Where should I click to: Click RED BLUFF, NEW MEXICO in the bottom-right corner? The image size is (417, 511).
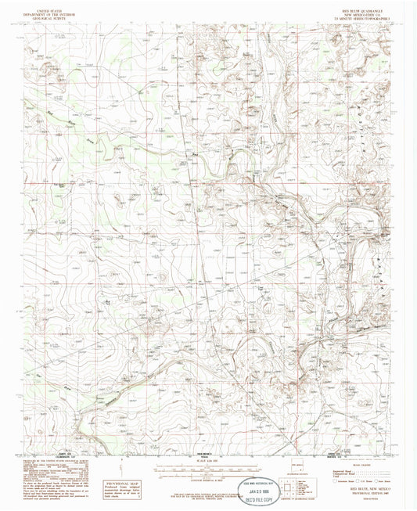364,494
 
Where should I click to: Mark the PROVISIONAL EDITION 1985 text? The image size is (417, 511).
364,498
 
